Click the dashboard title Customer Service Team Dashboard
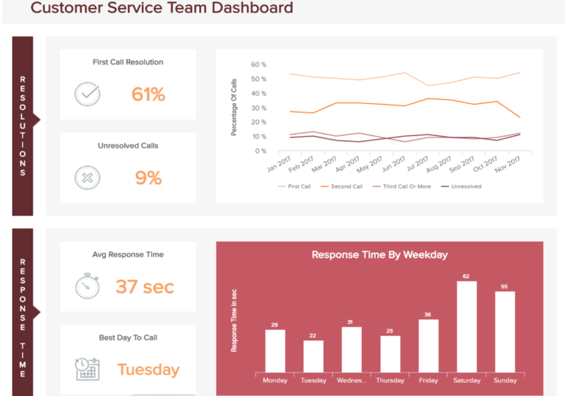(x=161, y=8)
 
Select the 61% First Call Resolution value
(x=148, y=95)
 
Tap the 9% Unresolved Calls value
(x=148, y=178)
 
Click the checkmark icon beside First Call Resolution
(x=87, y=95)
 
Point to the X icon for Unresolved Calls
(x=87, y=178)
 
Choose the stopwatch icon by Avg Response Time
(x=87, y=286)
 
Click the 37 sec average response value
(x=145, y=287)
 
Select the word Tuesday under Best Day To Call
(x=148, y=370)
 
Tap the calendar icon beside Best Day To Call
(x=87, y=369)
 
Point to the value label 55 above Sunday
(x=505, y=286)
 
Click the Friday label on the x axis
(x=429, y=380)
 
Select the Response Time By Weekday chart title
(x=380, y=255)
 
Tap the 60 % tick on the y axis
(x=258, y=65)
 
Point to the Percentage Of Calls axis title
(x=234, y=107)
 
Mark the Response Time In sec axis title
(x=234, y=321)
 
